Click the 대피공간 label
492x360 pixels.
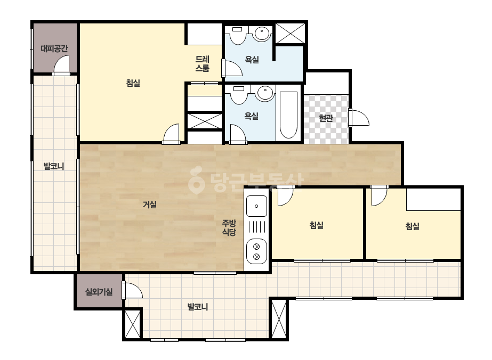click(54, 48)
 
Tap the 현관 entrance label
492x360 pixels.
click(326, 118)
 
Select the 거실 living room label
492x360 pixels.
click(150, 204)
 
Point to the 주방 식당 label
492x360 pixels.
click(229, 228)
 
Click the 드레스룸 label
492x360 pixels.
click(203, 64)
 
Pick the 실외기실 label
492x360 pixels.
click(99, 292)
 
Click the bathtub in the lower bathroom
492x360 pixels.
click(288, 115)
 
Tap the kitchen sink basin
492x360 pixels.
click(257, 206)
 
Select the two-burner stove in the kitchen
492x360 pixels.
click(257, 251)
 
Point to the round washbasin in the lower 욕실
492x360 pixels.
click(265, 93)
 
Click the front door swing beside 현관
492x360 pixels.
click(359, 118)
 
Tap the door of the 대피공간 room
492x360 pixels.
click(61, 65)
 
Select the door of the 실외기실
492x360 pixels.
click(132, 290)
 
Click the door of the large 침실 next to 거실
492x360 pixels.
click(171, 134)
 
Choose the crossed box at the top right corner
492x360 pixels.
click(290, 33)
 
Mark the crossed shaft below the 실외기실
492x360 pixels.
click(132, 324)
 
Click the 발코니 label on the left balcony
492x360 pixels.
click(54, 166)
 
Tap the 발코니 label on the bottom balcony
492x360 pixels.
click(198, 306)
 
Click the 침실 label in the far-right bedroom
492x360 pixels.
click(412, 226)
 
